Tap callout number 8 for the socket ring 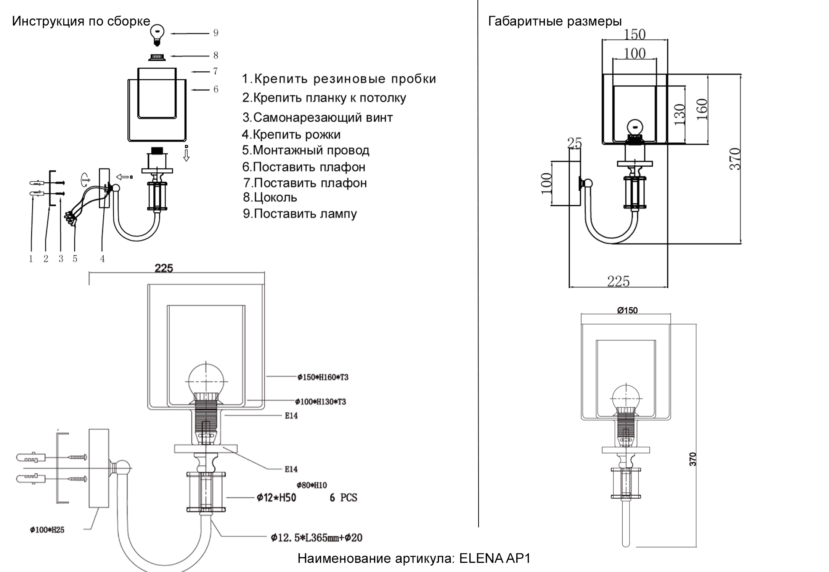coord(216,56)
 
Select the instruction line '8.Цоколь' coord(270,198)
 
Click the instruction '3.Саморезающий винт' coord(317,117)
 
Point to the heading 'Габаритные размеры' coord(555,21)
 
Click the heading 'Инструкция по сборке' coord(81,21)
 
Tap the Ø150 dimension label coord(627,310)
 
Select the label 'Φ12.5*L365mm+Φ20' coord(316,538)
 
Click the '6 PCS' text coord(343,498)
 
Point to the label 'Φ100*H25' coord(47,530)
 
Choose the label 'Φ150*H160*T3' coord(323,377)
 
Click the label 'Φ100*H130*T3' coord(321,402)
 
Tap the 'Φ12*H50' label coord(276,498)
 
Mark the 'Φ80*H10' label coord(312,485)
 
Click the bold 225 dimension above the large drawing coord(164,268)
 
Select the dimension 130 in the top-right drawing coord(680,114)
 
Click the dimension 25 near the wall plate coord(574,143)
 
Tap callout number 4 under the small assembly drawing coord(102,259)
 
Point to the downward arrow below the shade coord(186,154)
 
